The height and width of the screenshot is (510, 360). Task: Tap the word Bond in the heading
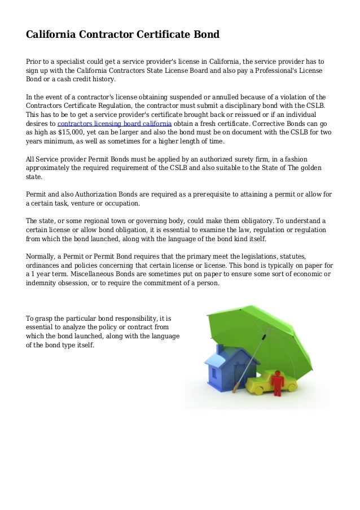(205, 35)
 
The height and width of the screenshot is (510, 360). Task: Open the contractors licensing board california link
(115, 123)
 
